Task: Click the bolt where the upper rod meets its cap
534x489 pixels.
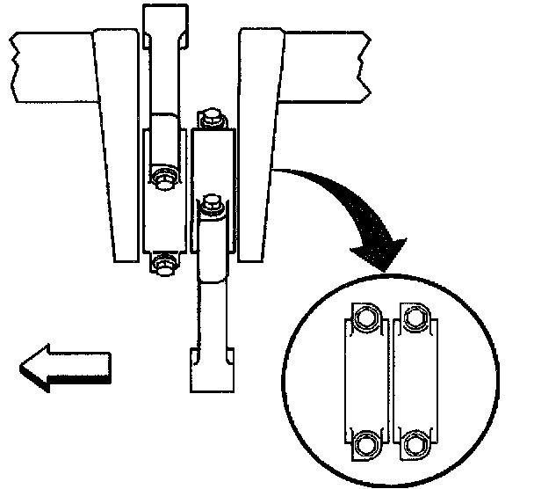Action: pos(162,179)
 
